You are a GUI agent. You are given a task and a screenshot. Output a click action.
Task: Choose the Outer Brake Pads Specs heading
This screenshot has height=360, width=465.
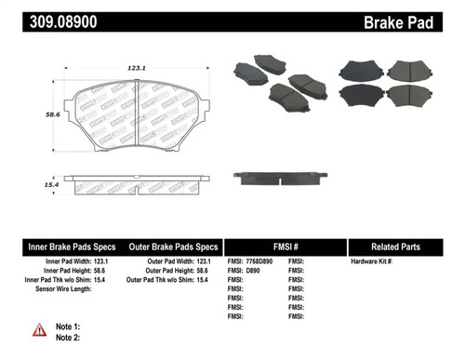coord(174,247)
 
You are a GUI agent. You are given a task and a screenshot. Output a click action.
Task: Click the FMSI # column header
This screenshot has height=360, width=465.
coord(286,247)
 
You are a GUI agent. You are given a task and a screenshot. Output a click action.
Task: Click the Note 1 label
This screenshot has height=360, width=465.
coord(68,327)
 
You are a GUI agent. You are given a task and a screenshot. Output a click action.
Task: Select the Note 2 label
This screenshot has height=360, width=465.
coord(68,339)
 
